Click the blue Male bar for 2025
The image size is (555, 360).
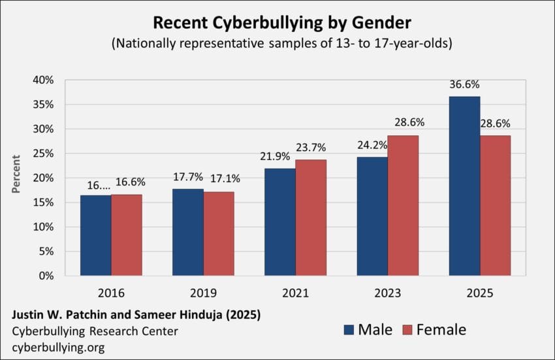(464, 186)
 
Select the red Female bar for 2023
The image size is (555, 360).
(403, 206)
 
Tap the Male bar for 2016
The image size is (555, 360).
(95, 235)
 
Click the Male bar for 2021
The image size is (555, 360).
(280, 222)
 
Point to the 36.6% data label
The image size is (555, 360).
(464, 86)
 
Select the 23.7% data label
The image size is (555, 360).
(311, 148)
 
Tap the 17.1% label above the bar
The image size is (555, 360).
(219, 178)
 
